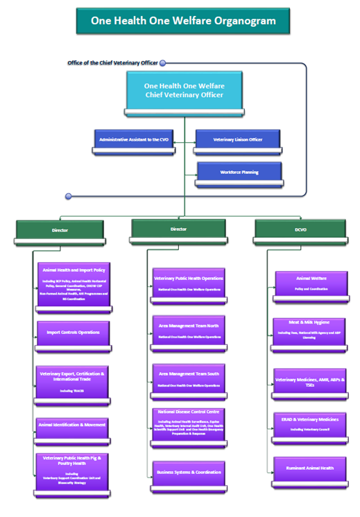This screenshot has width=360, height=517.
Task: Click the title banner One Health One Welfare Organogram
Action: point(183,21)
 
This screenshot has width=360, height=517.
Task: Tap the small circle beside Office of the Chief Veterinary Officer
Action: point(163,62)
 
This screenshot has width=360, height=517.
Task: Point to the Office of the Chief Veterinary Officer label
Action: point(112,62)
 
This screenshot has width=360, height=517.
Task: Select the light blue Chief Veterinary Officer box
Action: point(184,91)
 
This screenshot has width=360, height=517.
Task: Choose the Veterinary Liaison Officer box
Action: point(238,140)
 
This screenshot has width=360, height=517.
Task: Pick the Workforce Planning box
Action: point(239,172)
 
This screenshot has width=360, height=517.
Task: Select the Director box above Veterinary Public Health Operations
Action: point(178,229)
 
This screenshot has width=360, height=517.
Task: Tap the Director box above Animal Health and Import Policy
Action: point(60,229)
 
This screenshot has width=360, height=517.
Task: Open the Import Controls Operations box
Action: point(73,333)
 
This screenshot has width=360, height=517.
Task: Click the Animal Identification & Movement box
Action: point(73,424)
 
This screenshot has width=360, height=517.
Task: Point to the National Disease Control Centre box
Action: point(188,424)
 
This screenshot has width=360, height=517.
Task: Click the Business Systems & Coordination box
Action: point(188,472)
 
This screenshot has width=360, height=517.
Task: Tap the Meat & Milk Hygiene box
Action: point(309,327)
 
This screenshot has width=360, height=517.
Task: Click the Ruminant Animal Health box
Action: point(309,468)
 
